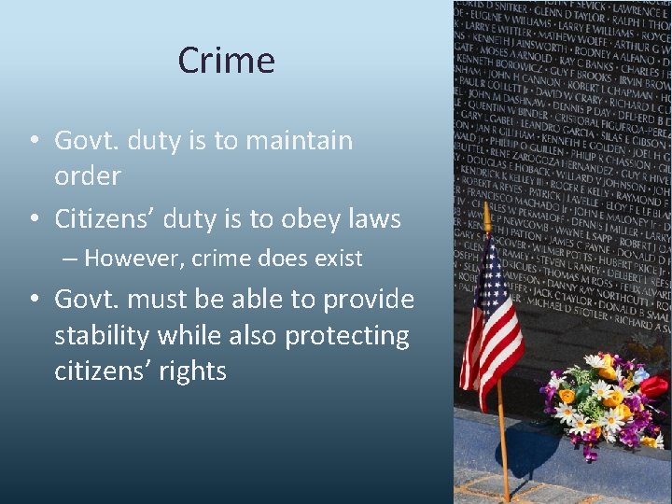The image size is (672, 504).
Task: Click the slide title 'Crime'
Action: [227, 61]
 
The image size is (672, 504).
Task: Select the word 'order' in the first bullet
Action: [88, 176]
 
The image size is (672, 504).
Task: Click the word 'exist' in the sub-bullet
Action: [337, 259]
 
